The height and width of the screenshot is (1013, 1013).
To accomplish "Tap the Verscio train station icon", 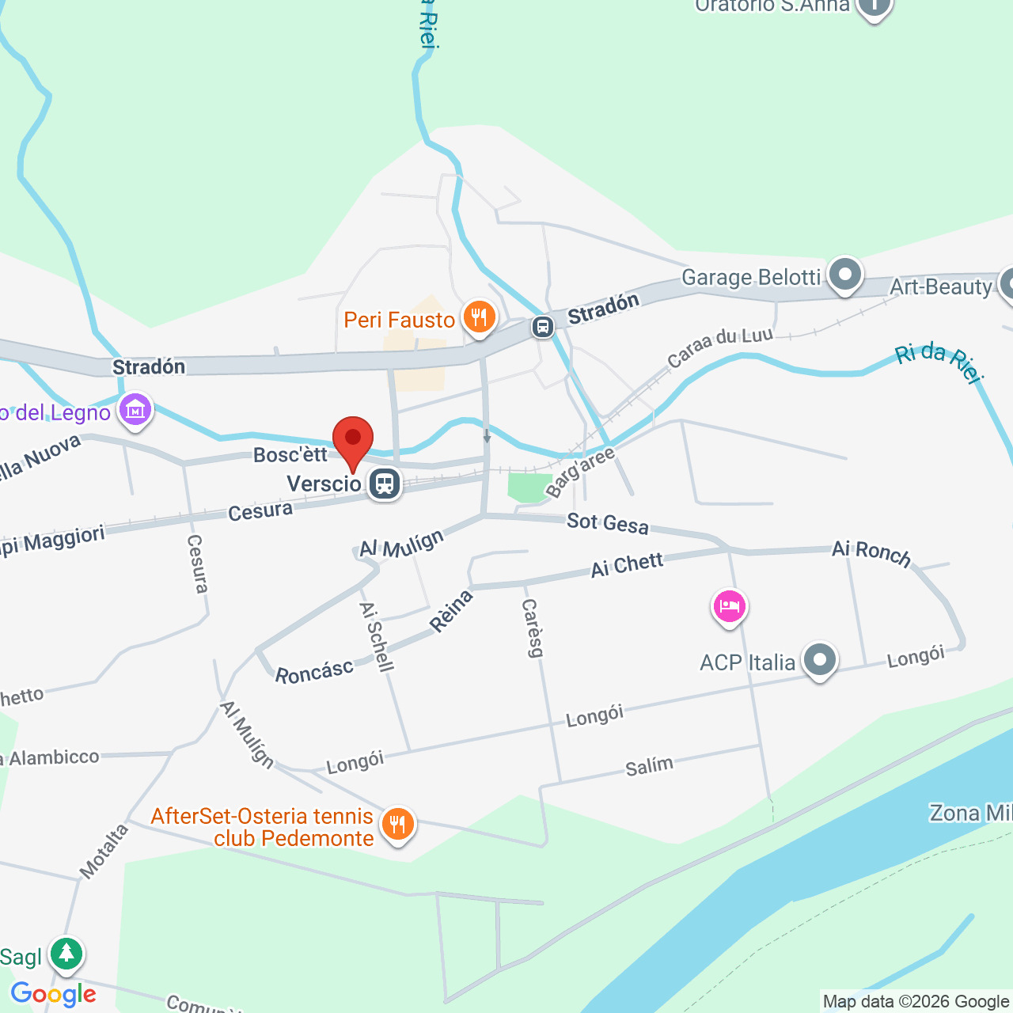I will point(385,483).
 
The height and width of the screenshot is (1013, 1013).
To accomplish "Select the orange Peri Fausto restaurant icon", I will point(479,317).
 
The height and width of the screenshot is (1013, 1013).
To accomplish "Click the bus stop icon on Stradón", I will point(543,326).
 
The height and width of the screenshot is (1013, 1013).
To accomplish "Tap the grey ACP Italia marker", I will point(819,660).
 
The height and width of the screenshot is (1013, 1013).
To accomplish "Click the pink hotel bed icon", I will point(729,607).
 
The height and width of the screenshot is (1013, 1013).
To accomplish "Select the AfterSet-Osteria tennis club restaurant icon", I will point(397,825).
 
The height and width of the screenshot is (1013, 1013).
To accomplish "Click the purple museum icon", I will point(135,411).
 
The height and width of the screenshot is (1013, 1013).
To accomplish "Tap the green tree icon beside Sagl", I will point(66,954).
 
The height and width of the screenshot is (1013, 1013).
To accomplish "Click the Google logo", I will point(53,994).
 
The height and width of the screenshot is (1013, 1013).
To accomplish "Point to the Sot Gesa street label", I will point(607,523).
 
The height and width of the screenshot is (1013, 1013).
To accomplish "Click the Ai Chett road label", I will point(627,565).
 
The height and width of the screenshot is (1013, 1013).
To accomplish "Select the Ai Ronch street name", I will point(871,552).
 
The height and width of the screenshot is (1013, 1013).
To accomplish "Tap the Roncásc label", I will point(314,672).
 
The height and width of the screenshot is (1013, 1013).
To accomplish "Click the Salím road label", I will point(649,766).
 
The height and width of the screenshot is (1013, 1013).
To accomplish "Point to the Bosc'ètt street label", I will point(290,454).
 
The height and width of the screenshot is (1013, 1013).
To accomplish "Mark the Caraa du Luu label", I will point(719,346).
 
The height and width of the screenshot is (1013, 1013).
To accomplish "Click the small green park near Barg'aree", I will point(529,487).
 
